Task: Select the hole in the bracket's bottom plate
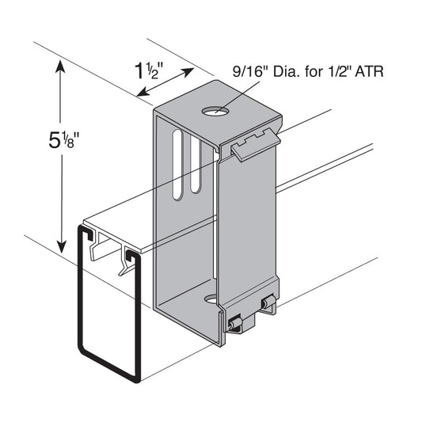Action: [x=211, y=299]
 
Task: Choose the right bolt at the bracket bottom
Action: [x=270, y=303]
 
